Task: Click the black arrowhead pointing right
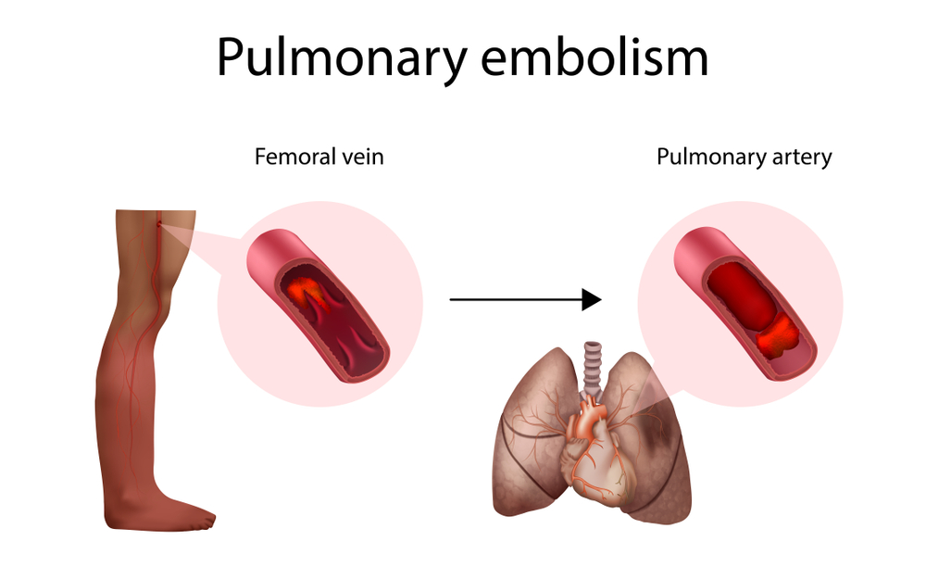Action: click(592, 299)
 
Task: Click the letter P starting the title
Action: click(231, 57)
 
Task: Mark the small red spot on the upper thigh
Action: click(159, 222)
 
